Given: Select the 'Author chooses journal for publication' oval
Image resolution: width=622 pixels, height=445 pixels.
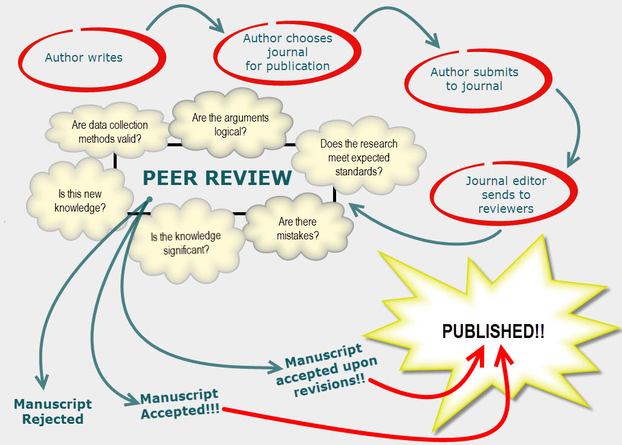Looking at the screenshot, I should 287,52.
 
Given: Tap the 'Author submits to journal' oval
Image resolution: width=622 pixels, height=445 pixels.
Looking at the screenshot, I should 474,79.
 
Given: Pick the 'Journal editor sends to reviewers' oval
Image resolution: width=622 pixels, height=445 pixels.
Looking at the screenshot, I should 505,195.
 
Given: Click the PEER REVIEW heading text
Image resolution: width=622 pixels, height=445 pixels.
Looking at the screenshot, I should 217,178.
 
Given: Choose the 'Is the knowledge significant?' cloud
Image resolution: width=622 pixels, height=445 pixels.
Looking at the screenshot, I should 186,242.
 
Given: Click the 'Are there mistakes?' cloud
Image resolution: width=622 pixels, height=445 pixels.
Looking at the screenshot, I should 298,229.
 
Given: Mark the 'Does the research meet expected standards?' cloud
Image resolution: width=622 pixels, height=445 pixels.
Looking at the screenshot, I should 358,157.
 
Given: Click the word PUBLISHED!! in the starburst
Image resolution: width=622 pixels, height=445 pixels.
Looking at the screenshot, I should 493,331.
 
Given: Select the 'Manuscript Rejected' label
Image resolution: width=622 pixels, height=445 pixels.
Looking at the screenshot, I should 53,411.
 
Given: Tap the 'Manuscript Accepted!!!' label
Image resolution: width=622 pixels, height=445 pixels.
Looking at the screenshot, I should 180,403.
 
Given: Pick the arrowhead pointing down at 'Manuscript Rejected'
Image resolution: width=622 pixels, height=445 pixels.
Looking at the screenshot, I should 41,382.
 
